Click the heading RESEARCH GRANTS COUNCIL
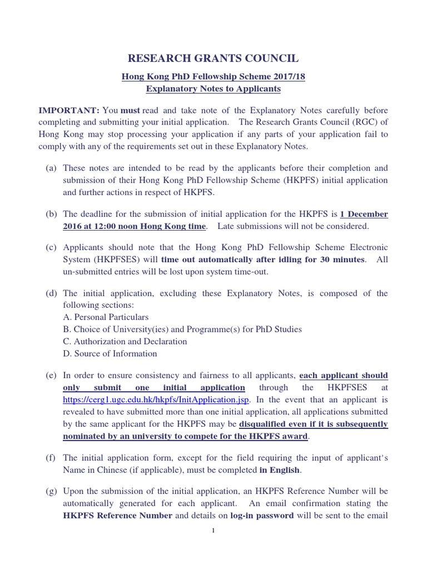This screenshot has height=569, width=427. point(213,58)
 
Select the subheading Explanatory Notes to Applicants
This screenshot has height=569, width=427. point(213,89)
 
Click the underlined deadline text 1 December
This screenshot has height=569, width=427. point(364,214)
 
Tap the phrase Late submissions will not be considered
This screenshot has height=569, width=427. point(293,226)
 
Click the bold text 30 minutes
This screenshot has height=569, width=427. point(339,259)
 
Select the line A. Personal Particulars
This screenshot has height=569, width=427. point(106,317)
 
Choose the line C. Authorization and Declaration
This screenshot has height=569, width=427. point(125,342)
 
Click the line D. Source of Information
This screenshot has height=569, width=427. point(110,353)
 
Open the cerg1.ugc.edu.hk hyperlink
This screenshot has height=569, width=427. point(156,400)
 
